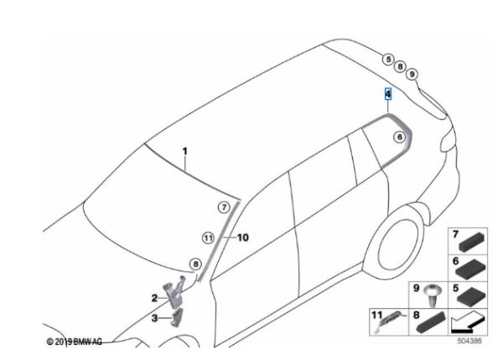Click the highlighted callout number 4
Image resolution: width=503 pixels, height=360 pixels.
click(388, 94)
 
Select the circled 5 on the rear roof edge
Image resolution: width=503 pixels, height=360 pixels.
click(388, 60)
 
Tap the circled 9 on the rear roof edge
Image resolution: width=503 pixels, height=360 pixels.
click(412, 74)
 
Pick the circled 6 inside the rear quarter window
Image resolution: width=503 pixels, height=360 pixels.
click(400, 137)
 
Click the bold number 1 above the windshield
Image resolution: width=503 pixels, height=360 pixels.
click(184, 151)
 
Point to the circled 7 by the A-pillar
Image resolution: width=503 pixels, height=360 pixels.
click(224, 207)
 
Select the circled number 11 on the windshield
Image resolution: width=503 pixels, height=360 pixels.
click(208, 238)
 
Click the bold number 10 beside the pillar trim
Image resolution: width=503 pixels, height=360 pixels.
click(243, 237)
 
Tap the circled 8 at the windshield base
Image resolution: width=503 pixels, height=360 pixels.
click(195, 264)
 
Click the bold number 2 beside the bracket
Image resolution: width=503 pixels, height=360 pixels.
click(154, 299)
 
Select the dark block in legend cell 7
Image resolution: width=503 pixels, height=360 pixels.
click(473, 242)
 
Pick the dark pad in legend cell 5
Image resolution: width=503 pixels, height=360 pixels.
click(471, 297)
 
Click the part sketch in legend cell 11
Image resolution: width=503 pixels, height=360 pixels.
click(390, 321)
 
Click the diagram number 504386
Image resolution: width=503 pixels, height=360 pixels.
click(469, 341)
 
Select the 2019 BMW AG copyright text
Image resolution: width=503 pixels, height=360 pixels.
click(75, 342)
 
